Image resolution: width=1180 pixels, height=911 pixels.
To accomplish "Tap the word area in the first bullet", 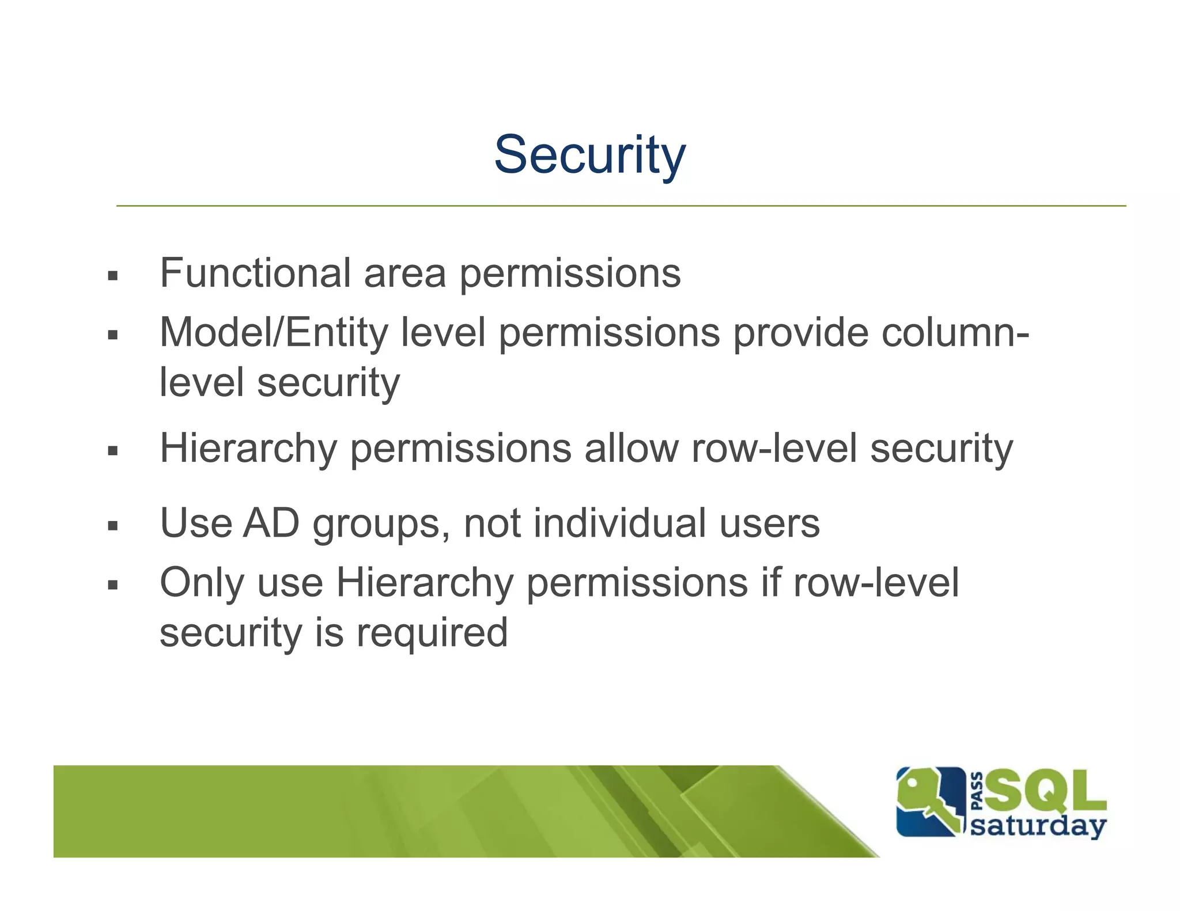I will [x=404, y=274].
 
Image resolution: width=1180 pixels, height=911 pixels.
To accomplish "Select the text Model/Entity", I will [x=274, y=332].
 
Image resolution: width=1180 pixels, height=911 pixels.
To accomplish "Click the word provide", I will [x=800, y=332].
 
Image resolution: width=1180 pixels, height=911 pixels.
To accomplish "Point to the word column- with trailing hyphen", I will [x=955, y=332].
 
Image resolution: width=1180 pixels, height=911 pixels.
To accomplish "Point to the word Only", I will [x=202, y=583].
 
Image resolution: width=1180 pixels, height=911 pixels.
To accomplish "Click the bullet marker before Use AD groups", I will [x=112, y=525].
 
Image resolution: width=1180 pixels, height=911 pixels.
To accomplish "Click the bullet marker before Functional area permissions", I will [x=112, y=276].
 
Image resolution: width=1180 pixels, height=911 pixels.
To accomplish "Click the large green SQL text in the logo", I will [x=1044, y=790].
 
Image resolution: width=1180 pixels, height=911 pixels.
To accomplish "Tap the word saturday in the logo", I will [x=1038, y=827].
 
